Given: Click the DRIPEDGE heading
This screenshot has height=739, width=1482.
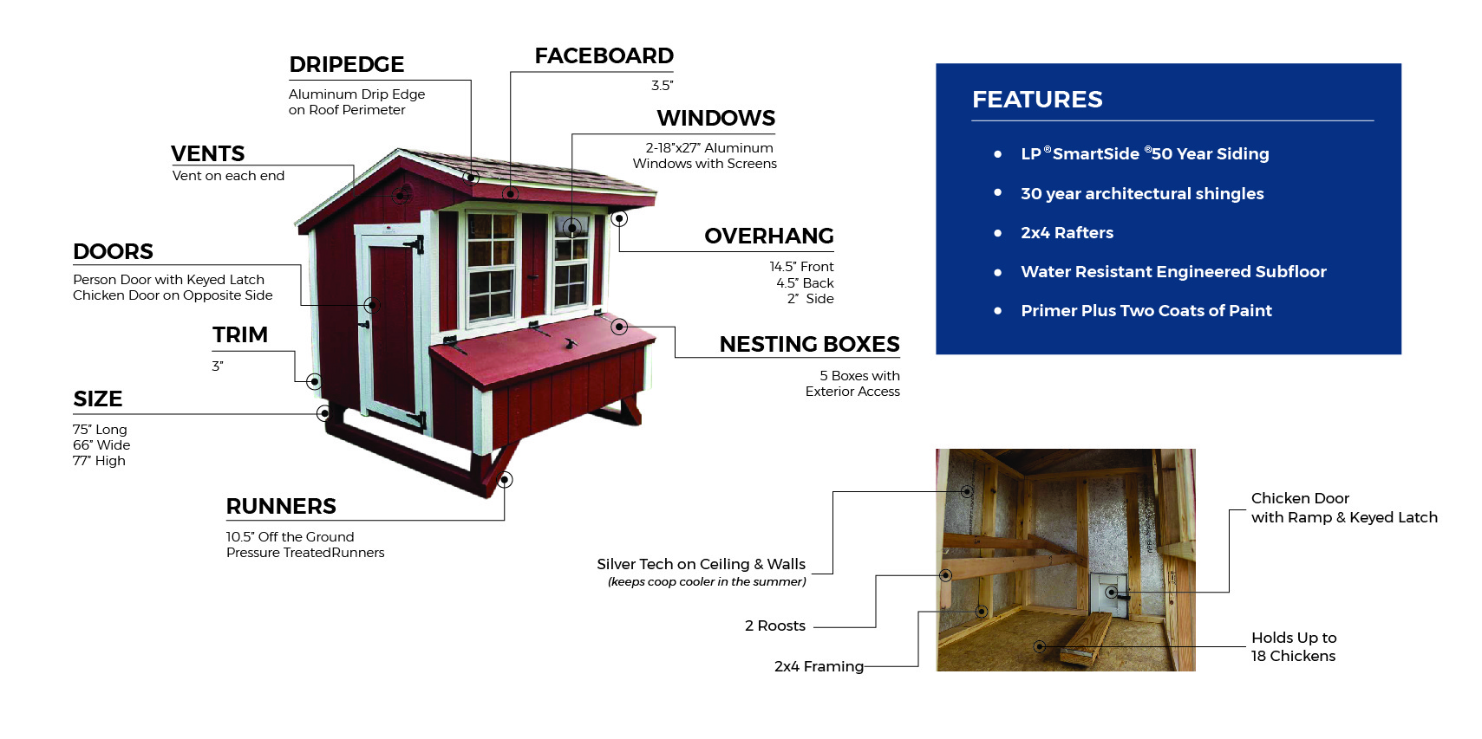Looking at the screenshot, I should coord(346,64).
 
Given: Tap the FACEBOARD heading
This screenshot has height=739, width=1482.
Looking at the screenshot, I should coord(604,55).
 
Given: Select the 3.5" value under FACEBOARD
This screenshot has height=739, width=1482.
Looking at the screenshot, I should coord(662,85).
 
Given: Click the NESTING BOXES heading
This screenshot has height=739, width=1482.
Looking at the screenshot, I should coord(809,344).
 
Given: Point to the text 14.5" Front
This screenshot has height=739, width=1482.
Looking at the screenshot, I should coord(801,267).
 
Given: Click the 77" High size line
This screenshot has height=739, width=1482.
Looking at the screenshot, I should coord(99,461).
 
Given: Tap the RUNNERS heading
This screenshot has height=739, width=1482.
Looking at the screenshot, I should coord(281,506).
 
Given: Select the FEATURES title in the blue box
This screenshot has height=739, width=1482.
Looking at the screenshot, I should coord(1037,100).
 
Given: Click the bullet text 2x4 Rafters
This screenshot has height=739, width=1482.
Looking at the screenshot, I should coord(1067,232).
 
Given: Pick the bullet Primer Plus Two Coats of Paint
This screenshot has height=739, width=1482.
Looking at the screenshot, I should coord(1146,310).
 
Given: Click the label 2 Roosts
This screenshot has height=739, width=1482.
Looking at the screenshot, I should coord(774,626).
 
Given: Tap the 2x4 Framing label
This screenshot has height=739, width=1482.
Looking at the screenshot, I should coord(819,666).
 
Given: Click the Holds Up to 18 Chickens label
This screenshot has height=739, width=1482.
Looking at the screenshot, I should coord(1293,647).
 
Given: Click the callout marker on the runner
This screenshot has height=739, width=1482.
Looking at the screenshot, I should coord(506,479).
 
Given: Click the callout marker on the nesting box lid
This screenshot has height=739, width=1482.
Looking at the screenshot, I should coord(619,327).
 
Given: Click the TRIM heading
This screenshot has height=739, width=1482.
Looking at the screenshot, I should coord(240,334).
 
